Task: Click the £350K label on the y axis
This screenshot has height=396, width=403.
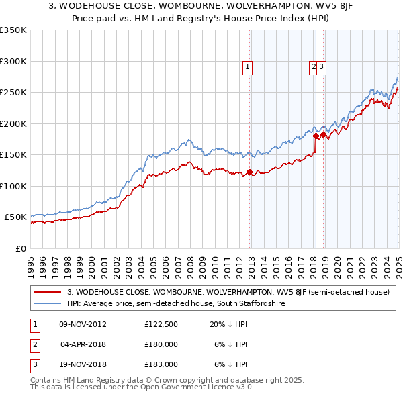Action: (13, 30)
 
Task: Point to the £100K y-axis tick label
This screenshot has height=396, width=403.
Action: (13, 186)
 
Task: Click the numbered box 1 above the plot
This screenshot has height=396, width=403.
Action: (248, 66)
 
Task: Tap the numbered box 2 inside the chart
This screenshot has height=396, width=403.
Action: (313, 66)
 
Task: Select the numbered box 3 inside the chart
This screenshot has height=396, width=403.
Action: (322, 66)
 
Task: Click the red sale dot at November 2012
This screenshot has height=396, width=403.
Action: (250, 172)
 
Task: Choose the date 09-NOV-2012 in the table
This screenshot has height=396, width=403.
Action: (83, 324)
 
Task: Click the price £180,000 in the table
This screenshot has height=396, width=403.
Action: (161, 344)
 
